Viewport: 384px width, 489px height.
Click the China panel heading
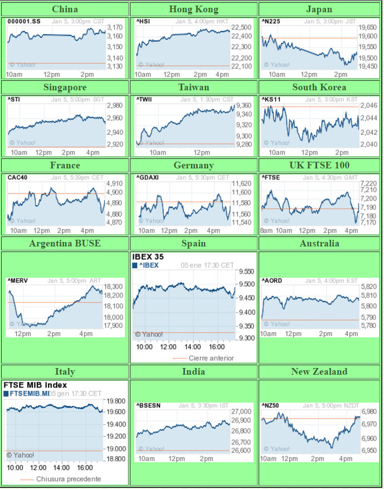point(65,9)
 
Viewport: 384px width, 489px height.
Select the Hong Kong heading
point(193,9)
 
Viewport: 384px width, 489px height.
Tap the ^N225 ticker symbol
point(271,21)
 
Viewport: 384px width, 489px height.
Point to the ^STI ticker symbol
point(13,99)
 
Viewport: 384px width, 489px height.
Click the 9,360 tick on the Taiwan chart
point(244,105)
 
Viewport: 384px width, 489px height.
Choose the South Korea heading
point(319,87)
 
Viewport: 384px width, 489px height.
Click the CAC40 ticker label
point(16,177)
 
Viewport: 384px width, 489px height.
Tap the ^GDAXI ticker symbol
point(147,177)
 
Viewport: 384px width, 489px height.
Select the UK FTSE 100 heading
point(319,165)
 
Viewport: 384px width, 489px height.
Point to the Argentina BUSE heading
point(65,243)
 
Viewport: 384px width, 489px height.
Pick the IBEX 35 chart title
point(148,257)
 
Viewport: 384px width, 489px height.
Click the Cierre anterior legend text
point(211,358)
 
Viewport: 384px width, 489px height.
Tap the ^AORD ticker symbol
point(272,280)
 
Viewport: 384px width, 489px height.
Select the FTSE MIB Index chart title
point(35,385)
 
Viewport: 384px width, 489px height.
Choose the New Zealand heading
point(319,371)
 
